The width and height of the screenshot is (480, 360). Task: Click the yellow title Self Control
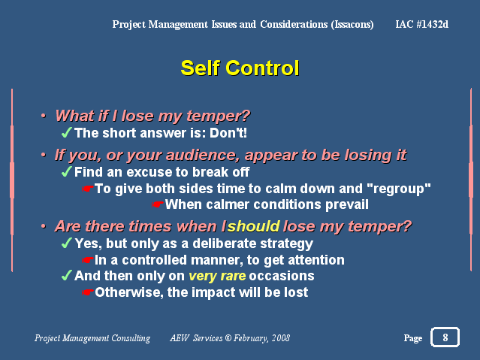[x=240, y=68]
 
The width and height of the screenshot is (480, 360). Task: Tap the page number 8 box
[x=445, y=337]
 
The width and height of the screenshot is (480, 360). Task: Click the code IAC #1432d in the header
[x=422, y=24]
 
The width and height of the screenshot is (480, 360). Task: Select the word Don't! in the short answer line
[x=228, y=133]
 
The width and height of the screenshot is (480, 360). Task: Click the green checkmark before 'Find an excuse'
[x=67, y=171]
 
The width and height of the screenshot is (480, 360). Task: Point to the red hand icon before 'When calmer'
[x=157, y=204]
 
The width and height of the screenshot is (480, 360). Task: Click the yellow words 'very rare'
[x=217, y=276]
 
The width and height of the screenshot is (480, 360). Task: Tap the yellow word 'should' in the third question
[x=254, y=226]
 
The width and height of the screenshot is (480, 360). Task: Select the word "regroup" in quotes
[x=399, y=189]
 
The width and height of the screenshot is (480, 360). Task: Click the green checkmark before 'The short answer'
[x=67, y=133]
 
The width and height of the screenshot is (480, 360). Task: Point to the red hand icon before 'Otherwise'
[x=88, y=292]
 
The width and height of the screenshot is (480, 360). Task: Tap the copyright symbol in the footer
[x=228, y=338]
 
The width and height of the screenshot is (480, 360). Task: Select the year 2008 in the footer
[x=281, y=338]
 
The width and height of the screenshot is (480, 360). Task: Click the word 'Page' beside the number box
[x=413, y=338]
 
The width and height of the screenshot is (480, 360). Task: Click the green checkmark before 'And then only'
[x=67, y=275]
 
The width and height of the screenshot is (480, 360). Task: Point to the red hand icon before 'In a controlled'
[x=88, y=260]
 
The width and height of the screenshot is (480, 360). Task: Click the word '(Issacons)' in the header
[x=352, y=25]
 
